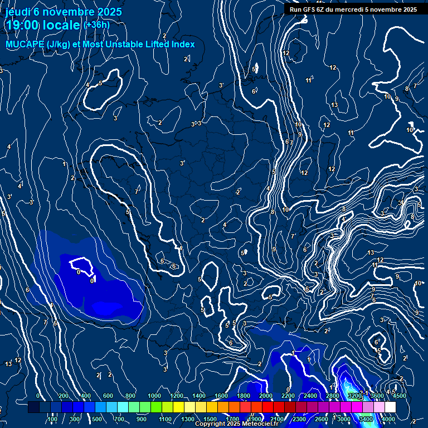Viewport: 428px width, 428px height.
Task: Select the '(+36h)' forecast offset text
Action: pyautogui.click(x=96, y=25)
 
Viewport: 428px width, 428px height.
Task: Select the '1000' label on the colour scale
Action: pyautogui.click(x=154, y=396)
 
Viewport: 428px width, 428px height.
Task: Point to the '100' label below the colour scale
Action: pyautogui.click(x=53, y=419)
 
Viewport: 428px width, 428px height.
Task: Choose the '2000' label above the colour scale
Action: pyautogui.click(x=265, y=396)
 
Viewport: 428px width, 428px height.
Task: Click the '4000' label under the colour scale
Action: pyautogui.click(x=388, y=419)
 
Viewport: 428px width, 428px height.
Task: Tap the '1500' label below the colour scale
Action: pyautogui.click(x=210, y=419)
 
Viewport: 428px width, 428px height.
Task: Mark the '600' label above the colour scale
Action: pyautogui.click(x=108, y=396)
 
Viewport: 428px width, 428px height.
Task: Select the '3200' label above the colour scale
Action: pyautogui.click(x=354, y=396)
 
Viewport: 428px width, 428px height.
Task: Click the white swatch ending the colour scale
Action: pyautogui.click(x=390, y=407)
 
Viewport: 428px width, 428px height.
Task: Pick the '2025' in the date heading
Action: pyautogui.click(x=109, y=12)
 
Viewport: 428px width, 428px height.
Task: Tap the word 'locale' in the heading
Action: pyautogui.click(x=62, y=25)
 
